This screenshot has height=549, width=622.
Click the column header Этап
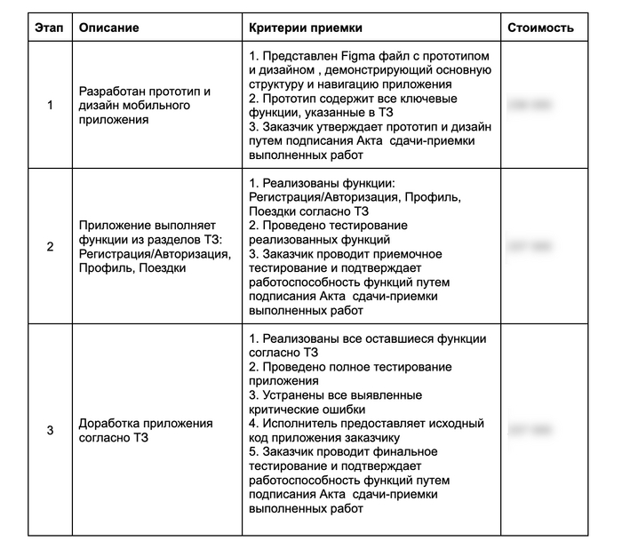pyautogui.click(x=50, y=28)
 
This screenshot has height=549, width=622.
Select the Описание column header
pyautogui.click(x=108, y=28)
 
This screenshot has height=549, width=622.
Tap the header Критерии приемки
pyautogui.click(x=306, y=28)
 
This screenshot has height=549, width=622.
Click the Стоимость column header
pyautogui.click(x=540, y=28)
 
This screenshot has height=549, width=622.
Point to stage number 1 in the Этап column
pyautogui.click(x=50, y=105)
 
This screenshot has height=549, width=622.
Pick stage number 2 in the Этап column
pyautogui.click(x=50, y=246)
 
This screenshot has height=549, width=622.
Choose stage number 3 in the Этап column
pyautogui.click(x=50, y=430)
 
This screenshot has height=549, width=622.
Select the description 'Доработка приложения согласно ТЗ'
pyautogui.click(x=146, y=430)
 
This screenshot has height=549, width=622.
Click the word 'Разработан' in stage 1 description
pyautogui.click(x=111, y=91)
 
